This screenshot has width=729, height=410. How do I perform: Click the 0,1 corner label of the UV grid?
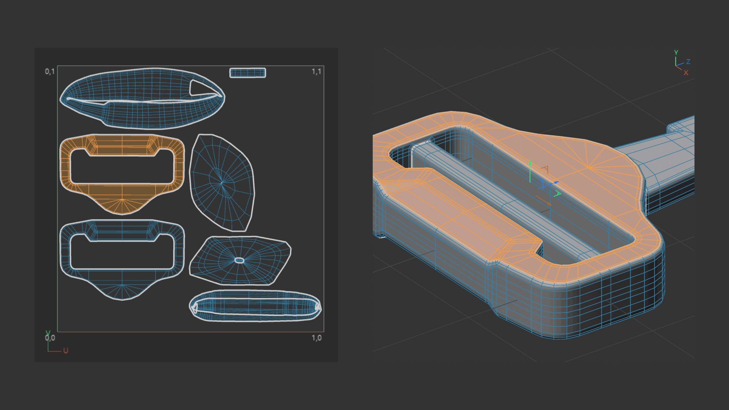[x=50, y=71]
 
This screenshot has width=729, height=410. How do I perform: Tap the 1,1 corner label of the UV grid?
[x=316, y=71]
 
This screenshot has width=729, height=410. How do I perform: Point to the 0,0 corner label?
[x=50, y=337]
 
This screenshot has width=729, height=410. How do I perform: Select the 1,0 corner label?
[x=317, y=337]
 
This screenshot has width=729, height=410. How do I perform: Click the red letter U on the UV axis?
[x=66, y=350]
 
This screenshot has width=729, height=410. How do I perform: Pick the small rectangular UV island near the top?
[x=248, y=73]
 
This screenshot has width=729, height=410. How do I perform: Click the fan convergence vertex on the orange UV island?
[x=122, y=199]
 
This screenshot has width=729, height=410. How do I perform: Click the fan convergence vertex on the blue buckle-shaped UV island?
[x=122, y=285]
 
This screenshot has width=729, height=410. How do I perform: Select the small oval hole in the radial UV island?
[x=239, y=260]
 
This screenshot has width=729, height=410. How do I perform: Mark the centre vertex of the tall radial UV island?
[x=222, y=183]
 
